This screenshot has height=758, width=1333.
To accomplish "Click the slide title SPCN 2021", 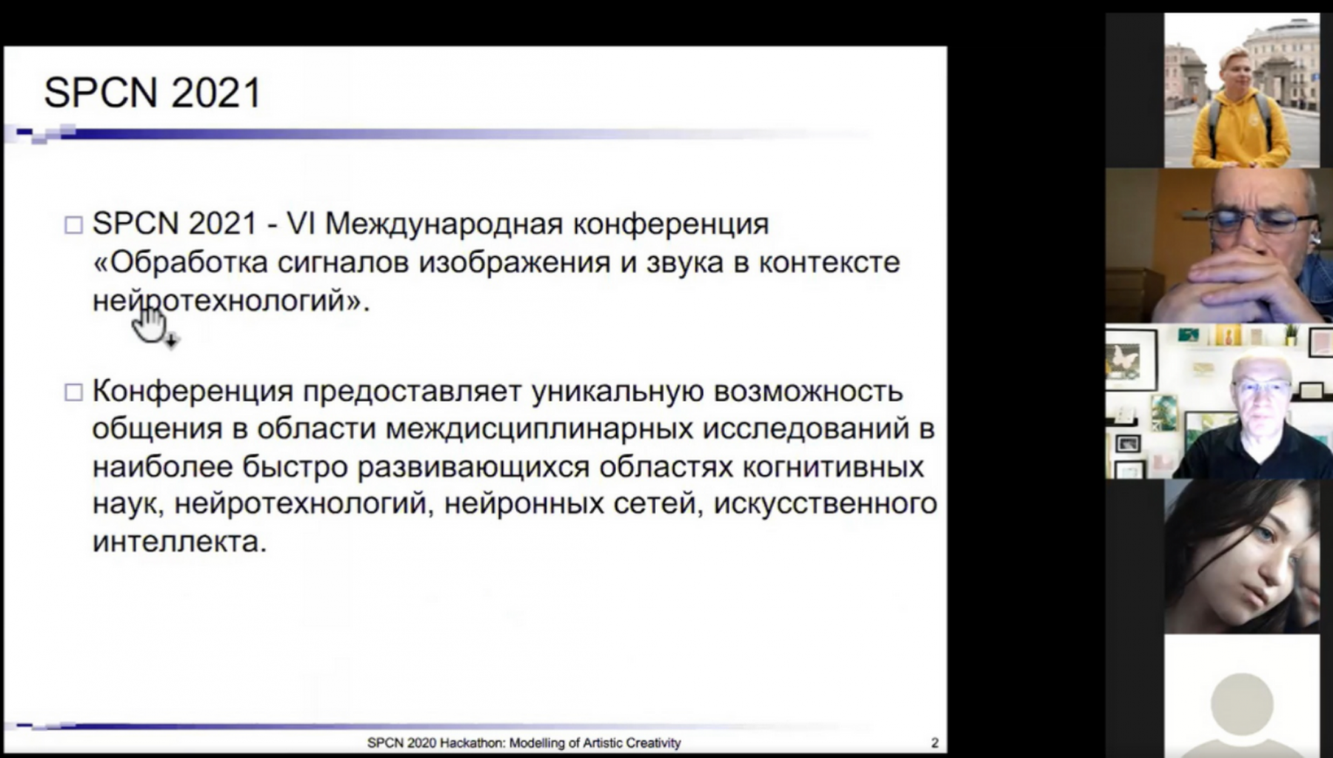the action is tap(153, 93).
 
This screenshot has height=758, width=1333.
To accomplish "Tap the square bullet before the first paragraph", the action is tap(73, 225).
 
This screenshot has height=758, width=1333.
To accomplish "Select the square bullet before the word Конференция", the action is tap(73, 392).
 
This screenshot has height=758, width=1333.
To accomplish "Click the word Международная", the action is tap(444, 224).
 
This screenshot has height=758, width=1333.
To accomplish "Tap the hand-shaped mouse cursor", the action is tap(153, 326).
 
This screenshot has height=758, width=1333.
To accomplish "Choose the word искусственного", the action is tap(826, 504).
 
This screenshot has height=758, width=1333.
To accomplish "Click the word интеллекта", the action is tap(179, 542).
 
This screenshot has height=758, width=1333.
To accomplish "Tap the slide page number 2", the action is tap(935, 742).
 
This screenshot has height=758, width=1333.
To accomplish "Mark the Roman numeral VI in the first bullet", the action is tap(301, 224).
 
